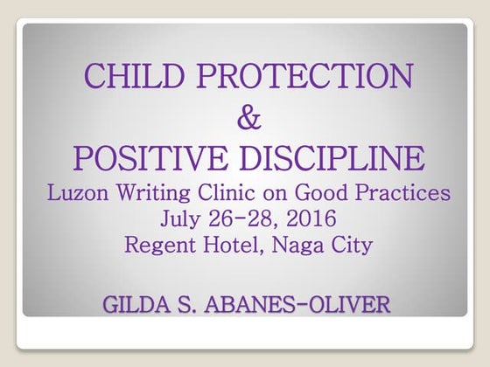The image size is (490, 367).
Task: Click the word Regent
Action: coord(160,246)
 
